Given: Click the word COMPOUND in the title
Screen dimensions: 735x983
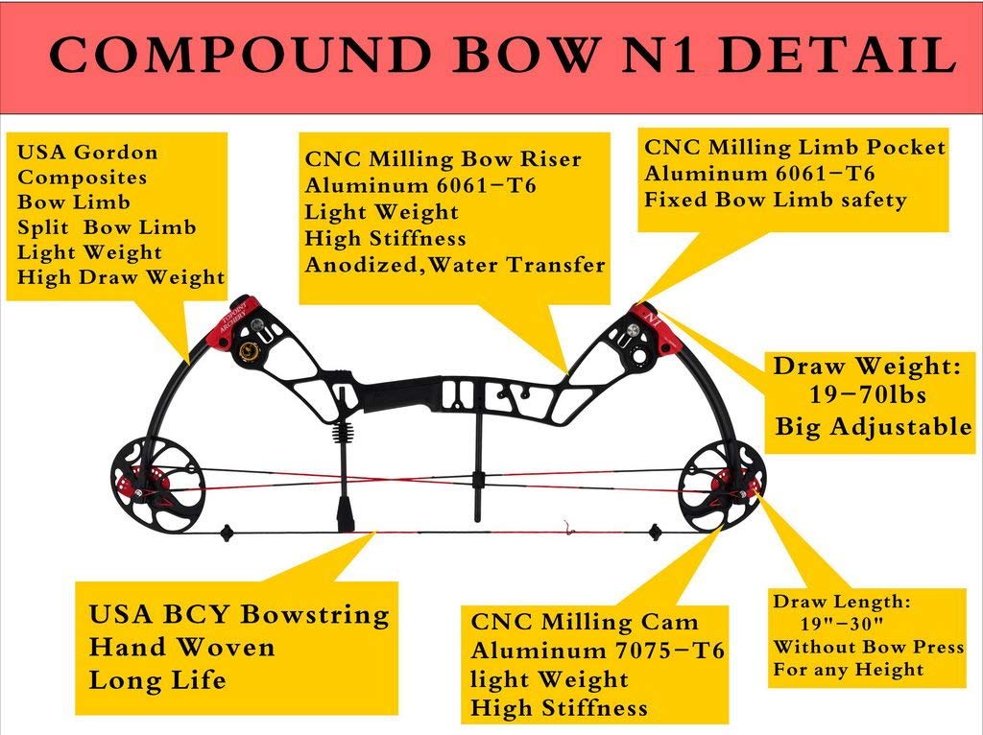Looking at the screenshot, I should tap(240, 57).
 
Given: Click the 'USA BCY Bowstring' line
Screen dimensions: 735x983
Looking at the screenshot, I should tap(239, 614).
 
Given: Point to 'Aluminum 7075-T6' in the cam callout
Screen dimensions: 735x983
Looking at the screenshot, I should tap(597, 651).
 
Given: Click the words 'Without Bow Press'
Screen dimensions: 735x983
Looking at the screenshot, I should tap(869, 648).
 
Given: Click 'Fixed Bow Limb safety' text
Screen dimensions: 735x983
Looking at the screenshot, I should tap(776, 200).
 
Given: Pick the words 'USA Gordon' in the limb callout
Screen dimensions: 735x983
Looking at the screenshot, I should tap(88, 153).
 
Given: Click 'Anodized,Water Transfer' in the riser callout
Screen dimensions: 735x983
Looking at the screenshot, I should tap(455, 265).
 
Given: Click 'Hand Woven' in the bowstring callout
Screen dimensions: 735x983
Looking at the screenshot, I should tap(181, 648).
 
